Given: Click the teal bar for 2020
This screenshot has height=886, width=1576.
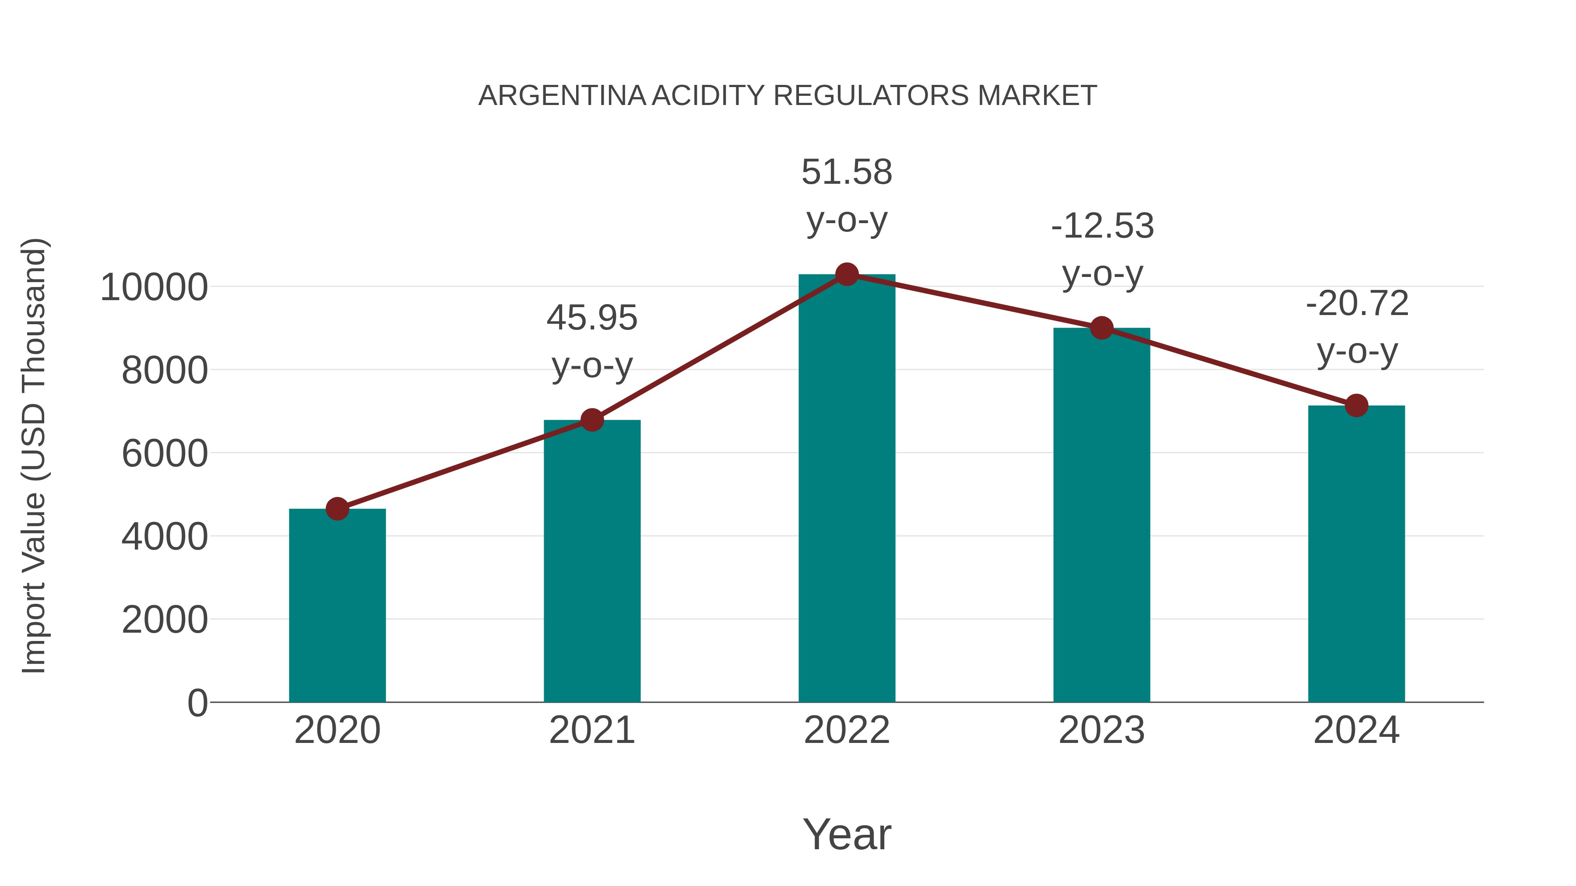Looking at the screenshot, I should [x=337, y=606].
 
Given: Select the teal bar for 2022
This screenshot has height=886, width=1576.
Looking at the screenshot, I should [x=847, y=489].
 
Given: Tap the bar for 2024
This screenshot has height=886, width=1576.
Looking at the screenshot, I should [x=1356, y=553].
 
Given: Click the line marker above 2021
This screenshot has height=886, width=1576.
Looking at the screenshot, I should [x=591, y=420].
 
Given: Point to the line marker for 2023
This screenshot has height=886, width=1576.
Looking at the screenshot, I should [x=1101, y=328].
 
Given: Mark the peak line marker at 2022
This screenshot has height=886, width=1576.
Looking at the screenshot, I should [x=847, y=274].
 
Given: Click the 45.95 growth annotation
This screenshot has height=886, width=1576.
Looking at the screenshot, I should [x=591, y=318].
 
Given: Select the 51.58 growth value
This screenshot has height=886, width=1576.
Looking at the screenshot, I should [x=847, y=172].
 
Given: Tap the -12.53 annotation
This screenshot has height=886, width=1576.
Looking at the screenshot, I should [x=1102, y=226].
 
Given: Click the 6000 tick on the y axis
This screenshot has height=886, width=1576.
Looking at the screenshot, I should [x=165, y=454].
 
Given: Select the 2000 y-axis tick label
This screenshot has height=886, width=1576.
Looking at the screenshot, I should [x=165, y=620].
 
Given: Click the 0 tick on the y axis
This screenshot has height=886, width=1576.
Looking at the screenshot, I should [x=197, y=703].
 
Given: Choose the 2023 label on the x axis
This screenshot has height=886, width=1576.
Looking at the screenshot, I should [x=1101, y=730].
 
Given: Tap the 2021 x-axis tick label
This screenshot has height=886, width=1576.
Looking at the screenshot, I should [x=591, y=730].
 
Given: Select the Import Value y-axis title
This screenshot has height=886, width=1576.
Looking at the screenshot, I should [x=34, y=455].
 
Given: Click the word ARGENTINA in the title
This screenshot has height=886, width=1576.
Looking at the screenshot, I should [x=561, y=96].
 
